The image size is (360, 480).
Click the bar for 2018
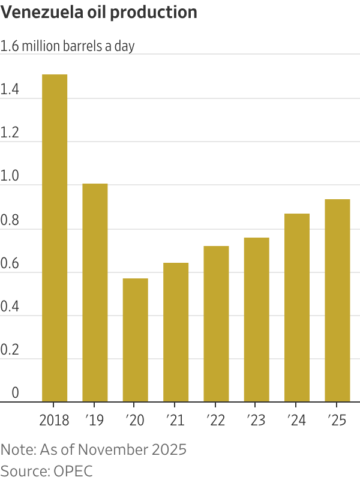54,238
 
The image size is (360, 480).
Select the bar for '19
95,292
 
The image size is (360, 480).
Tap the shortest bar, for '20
135,340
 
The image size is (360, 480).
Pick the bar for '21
176,332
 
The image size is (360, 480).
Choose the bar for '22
216,323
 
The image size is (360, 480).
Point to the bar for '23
256,319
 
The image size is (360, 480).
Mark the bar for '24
297,307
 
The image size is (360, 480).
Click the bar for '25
337,300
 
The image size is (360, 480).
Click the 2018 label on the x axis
54,419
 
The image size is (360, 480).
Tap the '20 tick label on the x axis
135,419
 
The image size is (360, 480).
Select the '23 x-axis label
256,419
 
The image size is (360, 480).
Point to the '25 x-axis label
337,419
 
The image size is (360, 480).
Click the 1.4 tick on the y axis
10,91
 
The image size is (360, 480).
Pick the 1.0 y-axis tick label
10,178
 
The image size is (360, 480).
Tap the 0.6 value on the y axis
10,264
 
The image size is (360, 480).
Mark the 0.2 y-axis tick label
10,351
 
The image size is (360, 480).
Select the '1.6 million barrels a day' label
67,47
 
